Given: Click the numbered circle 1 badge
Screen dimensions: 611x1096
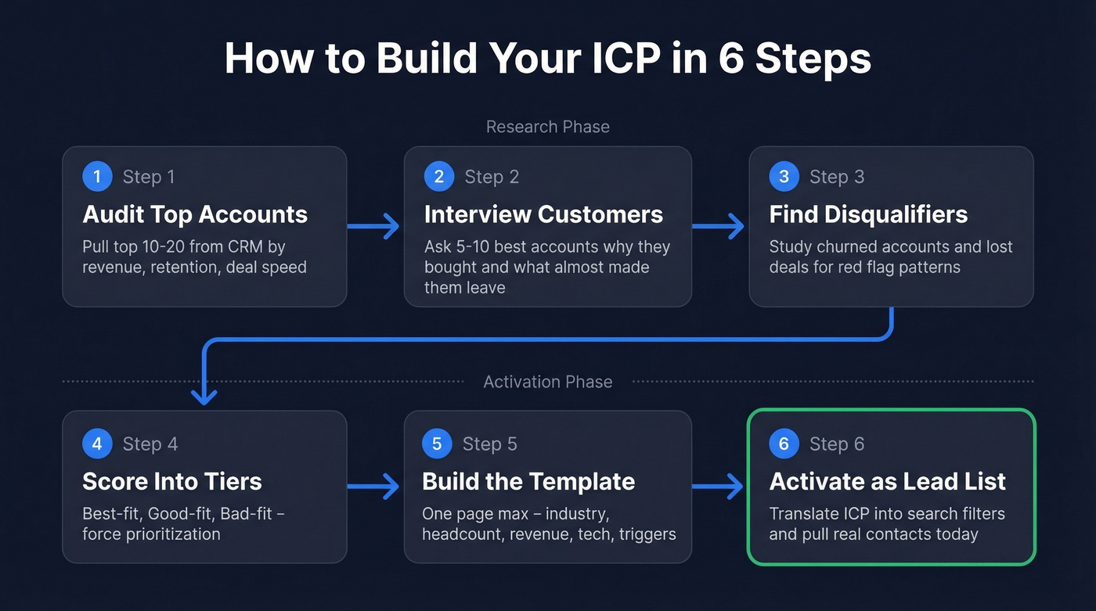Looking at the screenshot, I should [x=97, y=177].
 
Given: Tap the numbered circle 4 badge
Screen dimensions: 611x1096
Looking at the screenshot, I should [x=97, y=444].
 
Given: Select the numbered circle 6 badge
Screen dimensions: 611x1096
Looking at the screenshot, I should [x=784, y=444].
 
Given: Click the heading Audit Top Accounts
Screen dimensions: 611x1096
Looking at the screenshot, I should [x=195, y=214].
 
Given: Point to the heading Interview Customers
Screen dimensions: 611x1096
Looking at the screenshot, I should [x=543, y=214].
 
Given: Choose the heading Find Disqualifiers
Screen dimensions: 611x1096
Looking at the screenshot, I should [x=868, y=214].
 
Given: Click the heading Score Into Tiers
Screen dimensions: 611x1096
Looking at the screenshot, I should [x=172, y=481].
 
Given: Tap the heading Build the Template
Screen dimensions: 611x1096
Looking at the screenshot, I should [x=528, y=481].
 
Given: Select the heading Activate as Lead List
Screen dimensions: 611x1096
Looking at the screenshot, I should [x=887, y=481].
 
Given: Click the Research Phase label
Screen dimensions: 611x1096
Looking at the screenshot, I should [x=548, y=127].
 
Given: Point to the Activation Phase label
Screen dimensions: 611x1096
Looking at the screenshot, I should [x=548, y=382].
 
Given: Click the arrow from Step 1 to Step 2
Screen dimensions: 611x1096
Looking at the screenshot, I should [x=374, y=227].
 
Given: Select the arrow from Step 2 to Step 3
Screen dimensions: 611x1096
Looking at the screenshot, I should [x=719, y=227].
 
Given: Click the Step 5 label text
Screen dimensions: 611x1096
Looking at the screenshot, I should [x=489, y=444].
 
